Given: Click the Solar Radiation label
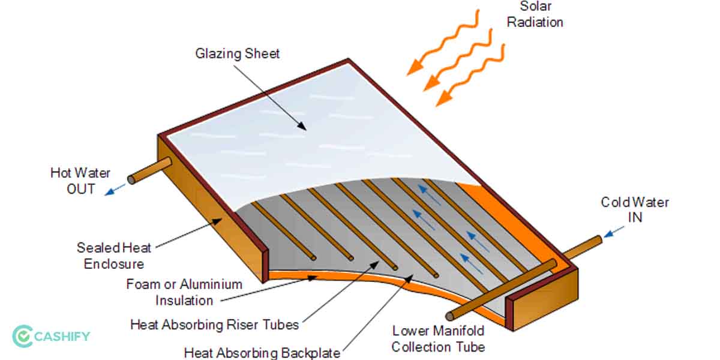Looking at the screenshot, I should (535, 15).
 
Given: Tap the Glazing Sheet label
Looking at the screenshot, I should (238, 53).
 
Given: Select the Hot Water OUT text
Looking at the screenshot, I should (80, 181).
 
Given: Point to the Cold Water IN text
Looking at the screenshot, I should (635, 209).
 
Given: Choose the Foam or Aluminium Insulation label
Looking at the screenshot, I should (184, 292).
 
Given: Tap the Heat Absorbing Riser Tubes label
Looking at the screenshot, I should (214, 325).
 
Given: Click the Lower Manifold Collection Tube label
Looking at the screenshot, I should (438, 338).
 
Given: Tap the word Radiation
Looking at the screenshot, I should (535, 22).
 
